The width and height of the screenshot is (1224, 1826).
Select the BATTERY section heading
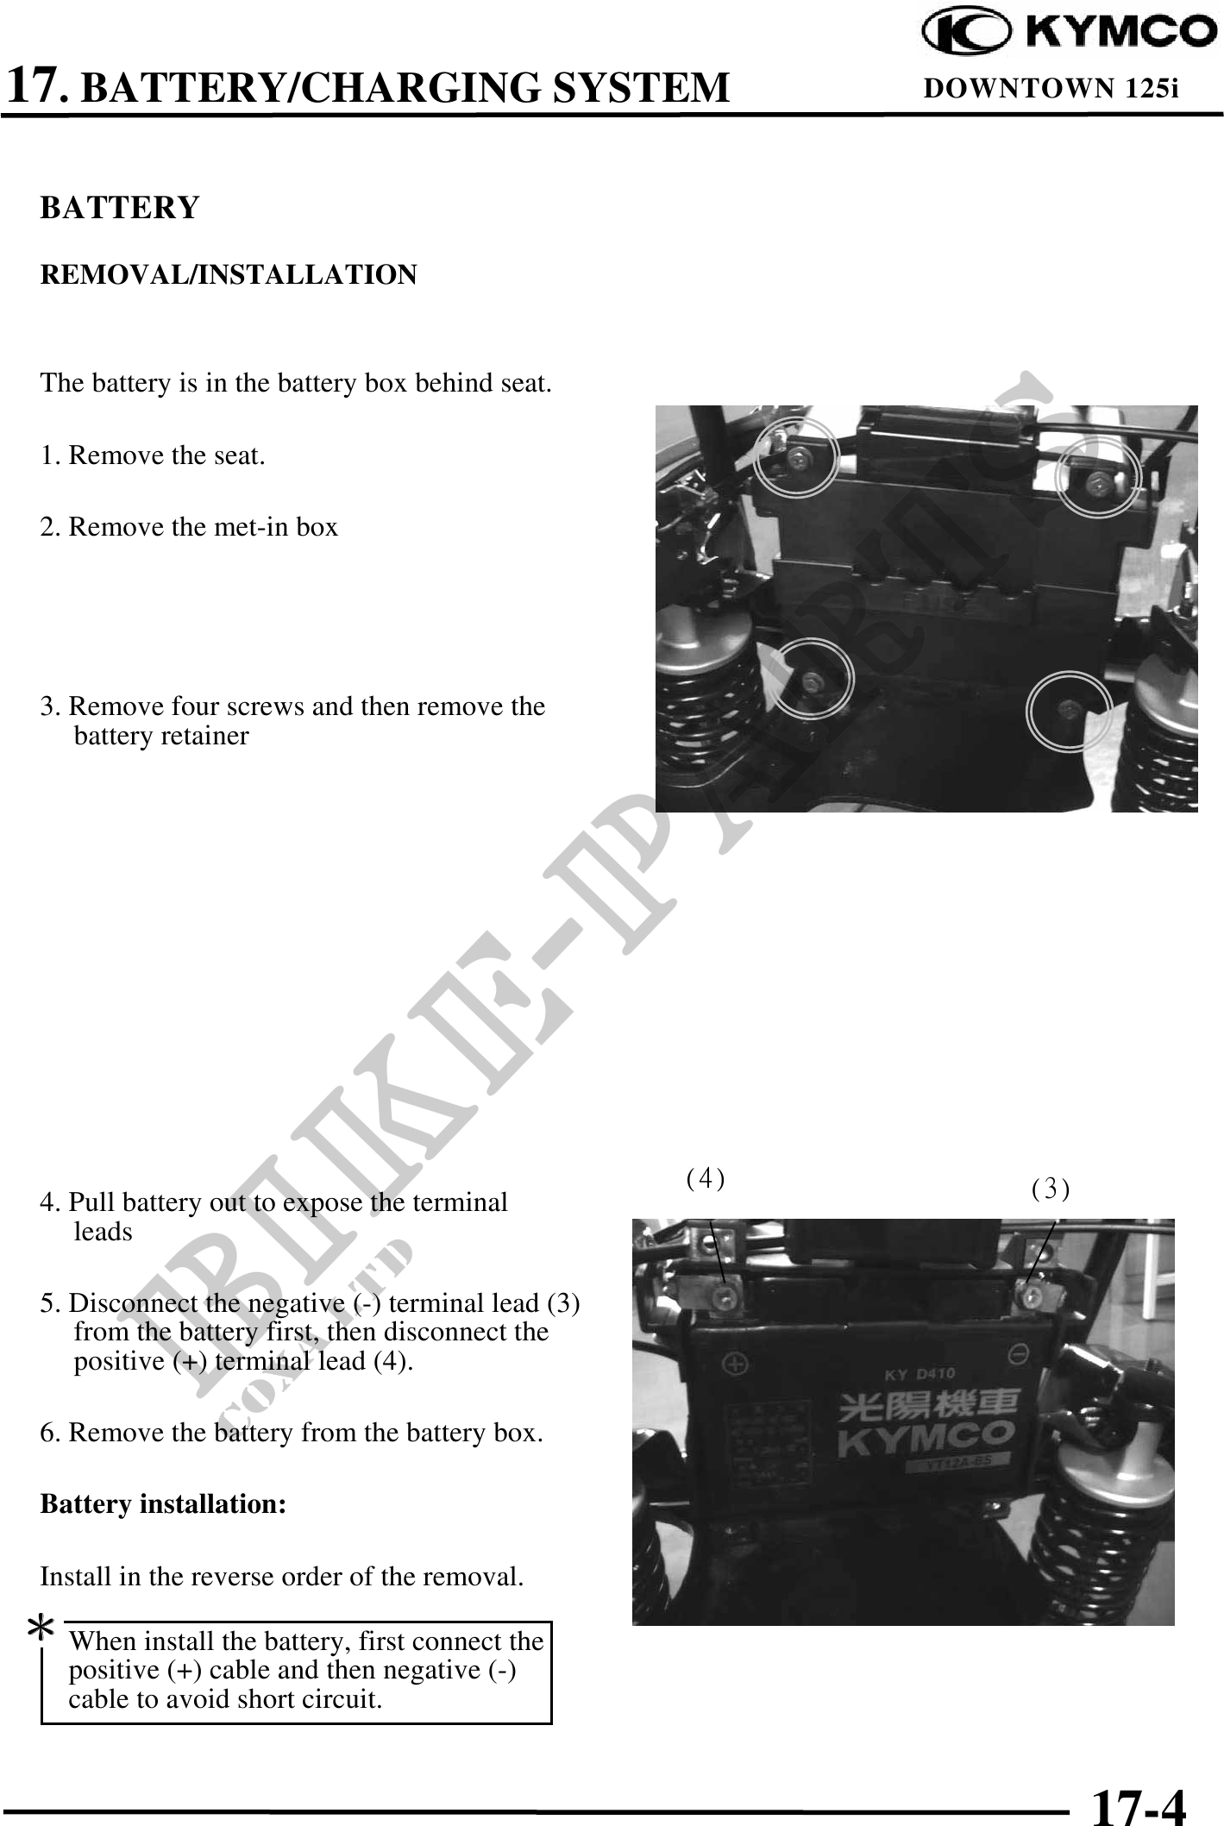tap(120, 208)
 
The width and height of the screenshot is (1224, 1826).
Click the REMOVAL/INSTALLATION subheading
tap(229, 275)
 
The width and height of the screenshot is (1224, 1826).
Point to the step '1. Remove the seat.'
tap(153, 455)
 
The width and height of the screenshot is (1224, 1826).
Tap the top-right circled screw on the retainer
tap(1098, 480)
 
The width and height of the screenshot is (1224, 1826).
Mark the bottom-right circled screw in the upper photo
tap(1069, 709)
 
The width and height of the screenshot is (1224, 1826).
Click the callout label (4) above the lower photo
tap(706, 1178)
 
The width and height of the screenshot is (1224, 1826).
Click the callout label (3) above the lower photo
tap(1051, 1189)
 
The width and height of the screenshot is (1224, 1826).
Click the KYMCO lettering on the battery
tap(925, 1435)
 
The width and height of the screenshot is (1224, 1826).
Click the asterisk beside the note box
tap(41, 1629)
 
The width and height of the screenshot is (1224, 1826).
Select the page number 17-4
tap(1139, 1803)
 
